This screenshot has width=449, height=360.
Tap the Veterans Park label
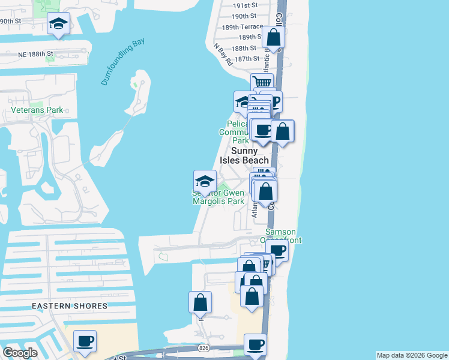coord(37,110)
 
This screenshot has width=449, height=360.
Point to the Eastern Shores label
coord(70,306)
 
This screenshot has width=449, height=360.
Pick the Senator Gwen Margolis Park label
coord(218,197)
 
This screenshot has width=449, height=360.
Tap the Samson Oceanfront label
coord(283,236)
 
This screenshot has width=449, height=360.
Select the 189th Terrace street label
coord(243,27)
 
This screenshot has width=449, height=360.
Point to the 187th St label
coord(247,59)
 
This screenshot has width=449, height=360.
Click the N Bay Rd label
coord(223,54)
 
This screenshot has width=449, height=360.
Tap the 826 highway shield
coord(203,348)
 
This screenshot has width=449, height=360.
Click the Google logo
coord(20,352)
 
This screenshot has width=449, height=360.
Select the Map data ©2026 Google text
coord(411,355)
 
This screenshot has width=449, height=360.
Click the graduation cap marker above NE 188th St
coord(58,24)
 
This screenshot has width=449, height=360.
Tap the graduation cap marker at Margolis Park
coord(205,181)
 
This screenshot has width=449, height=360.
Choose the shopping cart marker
coord(262,83)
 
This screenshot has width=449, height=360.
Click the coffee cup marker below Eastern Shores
coord(85,341)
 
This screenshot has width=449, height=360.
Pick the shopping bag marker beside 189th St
coord(273,37)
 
